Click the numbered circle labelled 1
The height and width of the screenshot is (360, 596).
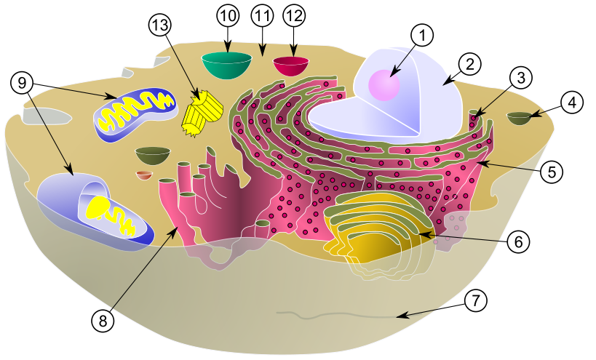[422, 35]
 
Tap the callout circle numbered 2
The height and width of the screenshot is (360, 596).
[471, 64]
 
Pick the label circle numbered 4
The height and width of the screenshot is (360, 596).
[573, 103]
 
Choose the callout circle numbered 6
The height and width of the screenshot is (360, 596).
[517, 241]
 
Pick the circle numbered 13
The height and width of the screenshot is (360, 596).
[159, 25]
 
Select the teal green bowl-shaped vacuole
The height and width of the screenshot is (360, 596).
[227, 65]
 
